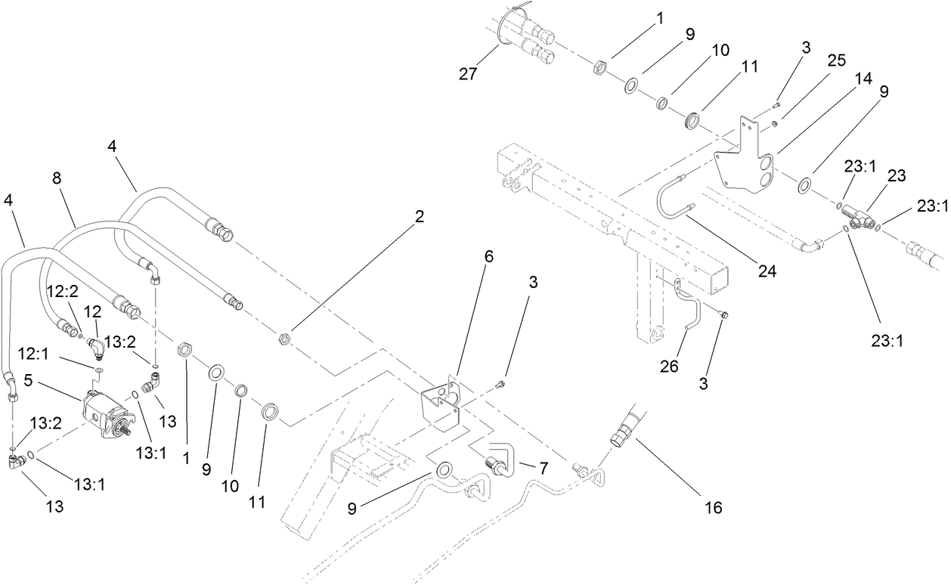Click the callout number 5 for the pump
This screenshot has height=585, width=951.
click(x=27, y=381)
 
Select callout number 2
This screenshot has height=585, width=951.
click(x=419, y=217)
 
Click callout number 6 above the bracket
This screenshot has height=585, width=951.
click(x=488, y=257)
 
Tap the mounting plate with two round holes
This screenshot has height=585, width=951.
click(x=745, y=170)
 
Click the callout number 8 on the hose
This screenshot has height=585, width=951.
click(x=57, y=178)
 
